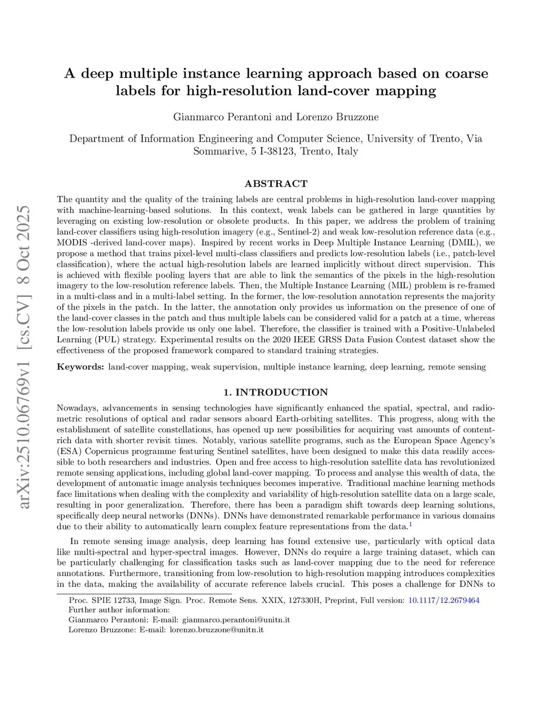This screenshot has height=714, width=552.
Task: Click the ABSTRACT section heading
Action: (275, 183)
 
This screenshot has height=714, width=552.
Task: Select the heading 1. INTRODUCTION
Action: (275, 392)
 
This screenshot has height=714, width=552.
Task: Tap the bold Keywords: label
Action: (80, 367)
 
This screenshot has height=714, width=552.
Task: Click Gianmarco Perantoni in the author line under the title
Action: (223, 117)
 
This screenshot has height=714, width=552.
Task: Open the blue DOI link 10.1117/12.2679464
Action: (444, 600)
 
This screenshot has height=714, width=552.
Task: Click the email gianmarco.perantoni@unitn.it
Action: (236, 620)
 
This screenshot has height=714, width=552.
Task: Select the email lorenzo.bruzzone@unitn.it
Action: (217, 629)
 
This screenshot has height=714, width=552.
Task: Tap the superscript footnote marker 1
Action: (410, 524)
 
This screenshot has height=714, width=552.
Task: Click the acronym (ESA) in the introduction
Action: (68, 451)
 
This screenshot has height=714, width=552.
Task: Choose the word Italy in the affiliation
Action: (347, 151)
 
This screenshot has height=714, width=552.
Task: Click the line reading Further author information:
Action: (119, 610)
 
